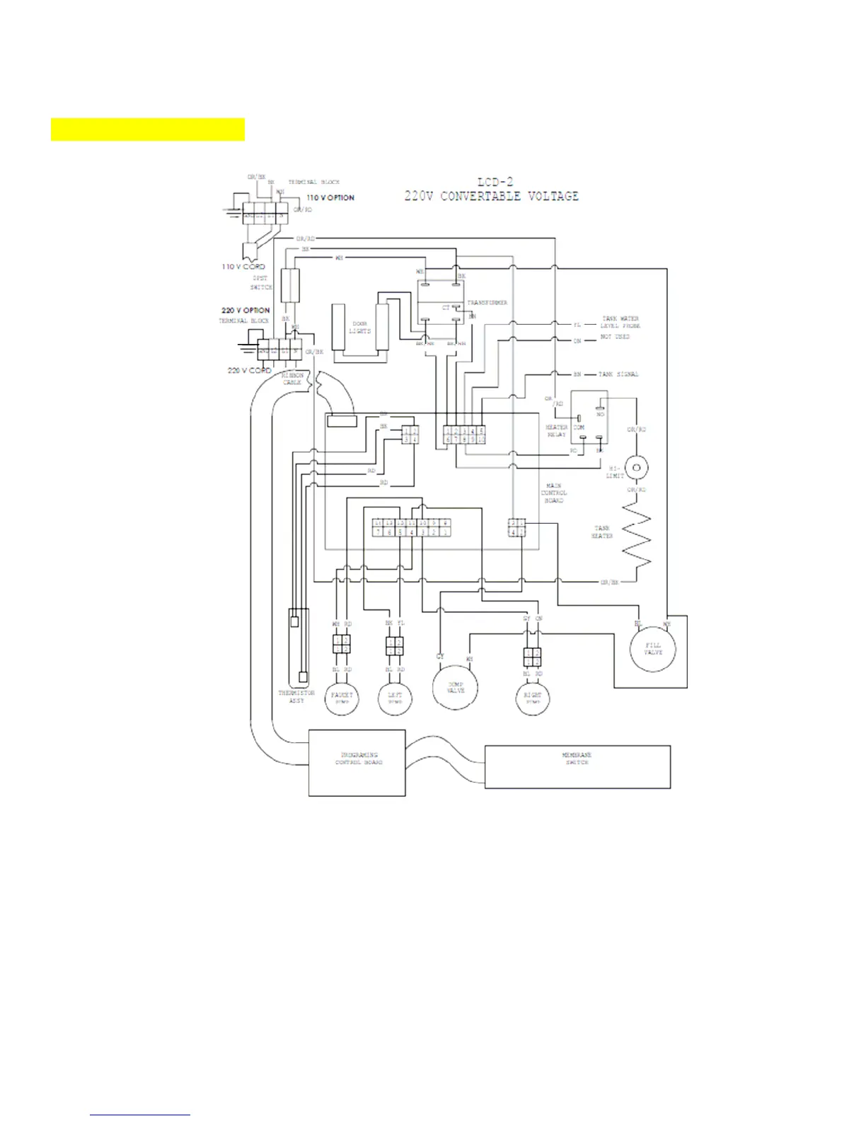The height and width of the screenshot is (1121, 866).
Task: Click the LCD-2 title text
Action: [x=495, y=183]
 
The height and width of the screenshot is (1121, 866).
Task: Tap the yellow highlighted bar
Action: [x=148, y=130]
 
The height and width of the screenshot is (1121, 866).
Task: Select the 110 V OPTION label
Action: [x=330, y=197]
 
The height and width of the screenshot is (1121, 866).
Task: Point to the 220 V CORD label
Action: [x=249, y=370]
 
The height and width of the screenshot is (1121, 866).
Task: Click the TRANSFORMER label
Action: [x=487, y=303]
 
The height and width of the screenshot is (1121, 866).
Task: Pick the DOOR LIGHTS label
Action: [x=360, y=328]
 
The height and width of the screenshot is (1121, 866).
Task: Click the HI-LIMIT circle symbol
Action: [x=637, y=467]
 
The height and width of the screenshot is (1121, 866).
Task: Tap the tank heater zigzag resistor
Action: [x=637, y=535]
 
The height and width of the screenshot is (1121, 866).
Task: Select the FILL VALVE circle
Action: [x=652, y=648]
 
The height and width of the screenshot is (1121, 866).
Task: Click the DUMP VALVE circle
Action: [x=455, y=687]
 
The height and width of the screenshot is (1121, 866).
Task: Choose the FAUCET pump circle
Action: [x=342, y=698]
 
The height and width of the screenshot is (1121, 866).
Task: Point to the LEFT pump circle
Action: [x=395, y=698]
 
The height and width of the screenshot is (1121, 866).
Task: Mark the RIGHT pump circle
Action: [x=533, y=698]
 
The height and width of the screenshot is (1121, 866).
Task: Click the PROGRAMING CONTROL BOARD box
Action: [x=357, y=763]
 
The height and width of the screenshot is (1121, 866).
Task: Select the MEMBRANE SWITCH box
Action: [x=577, y=766]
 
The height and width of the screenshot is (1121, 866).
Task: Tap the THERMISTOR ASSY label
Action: [x=296, y=696]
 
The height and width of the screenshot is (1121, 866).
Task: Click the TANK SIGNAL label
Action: [x=618, y=374]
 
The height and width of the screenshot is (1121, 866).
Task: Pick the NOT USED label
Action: [x=615, y=337]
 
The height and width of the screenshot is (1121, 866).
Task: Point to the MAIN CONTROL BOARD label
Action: [x=554, y=493]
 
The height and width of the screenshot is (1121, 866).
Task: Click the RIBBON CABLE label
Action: [x=292, y=379]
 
